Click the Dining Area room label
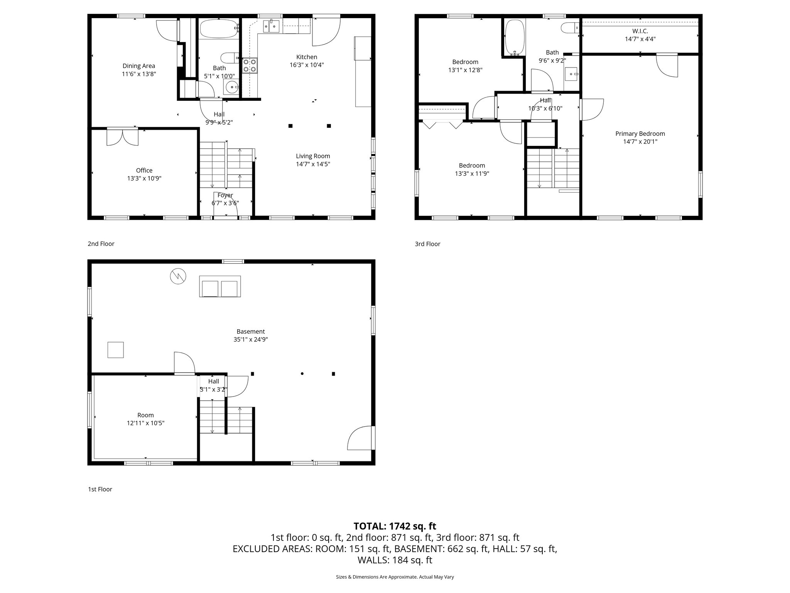[x=139, y=66]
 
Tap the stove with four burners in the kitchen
[x=250, y=66]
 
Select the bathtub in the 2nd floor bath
[x=219, y=29]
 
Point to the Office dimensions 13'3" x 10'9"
[x=144, y=178]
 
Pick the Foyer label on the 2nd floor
[x=225, y=195]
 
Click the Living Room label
[x=313, y=156]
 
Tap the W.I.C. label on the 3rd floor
[x=640, y=31]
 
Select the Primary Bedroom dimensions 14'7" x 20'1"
[x=640, y=142]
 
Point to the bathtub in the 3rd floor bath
[x=515, y=37]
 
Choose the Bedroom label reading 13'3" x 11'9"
[x=472, y=169]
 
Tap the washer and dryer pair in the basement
[x=220, y=286]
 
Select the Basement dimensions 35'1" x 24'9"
[x=251, y=340]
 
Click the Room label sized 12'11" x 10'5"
[x=145, y=419]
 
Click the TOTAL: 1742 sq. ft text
[x=395, y=526]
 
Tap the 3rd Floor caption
[x=427, y=244]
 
